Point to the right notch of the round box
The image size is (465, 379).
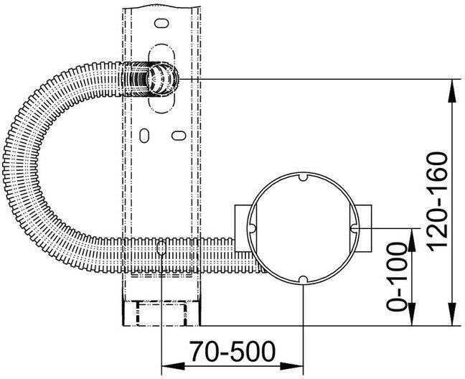pos(353,228)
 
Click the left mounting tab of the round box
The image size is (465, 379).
pos(242,228)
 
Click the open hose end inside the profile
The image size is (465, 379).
pos(161,78)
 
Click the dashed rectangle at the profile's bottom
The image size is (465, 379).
pos(161,314)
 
